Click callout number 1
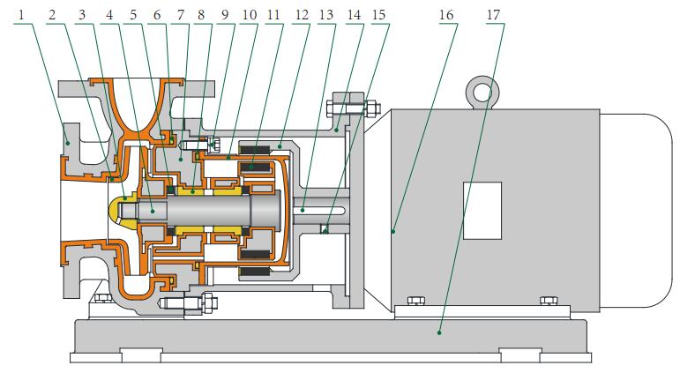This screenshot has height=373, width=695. [20, 15]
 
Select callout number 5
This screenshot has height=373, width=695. [133, 15]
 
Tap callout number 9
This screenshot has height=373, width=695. [225, 15]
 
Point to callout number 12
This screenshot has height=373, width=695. [302, 15]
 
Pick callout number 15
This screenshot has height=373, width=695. [378, 15]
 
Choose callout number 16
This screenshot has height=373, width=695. [446, 15]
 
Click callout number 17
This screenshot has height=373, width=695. [493, 15]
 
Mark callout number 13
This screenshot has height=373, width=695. [326, 15]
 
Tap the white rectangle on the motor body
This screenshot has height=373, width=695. [482, 211]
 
